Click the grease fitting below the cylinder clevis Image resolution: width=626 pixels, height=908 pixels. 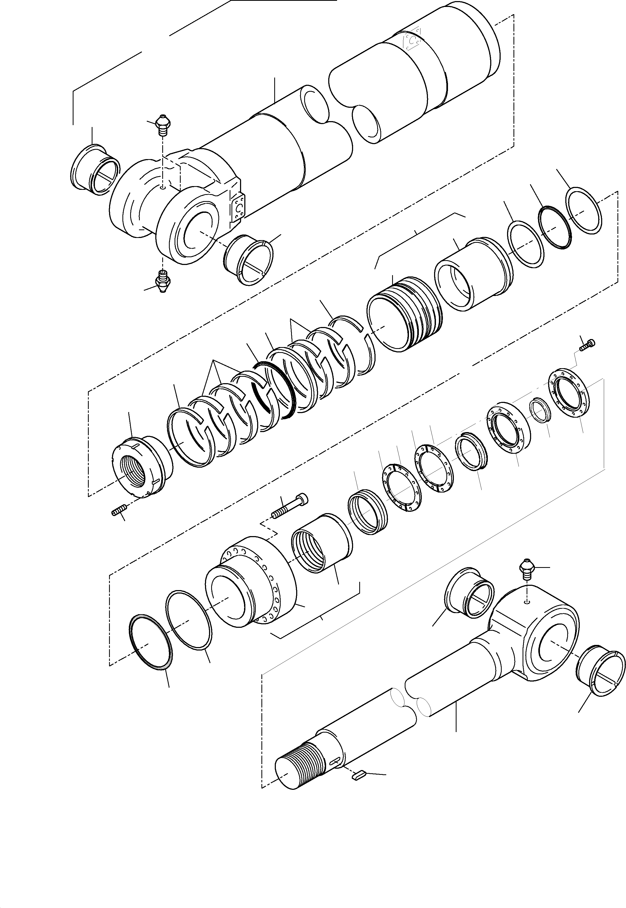coord(163,280)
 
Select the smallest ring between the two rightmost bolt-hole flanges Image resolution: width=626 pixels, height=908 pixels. coord(538,410)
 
